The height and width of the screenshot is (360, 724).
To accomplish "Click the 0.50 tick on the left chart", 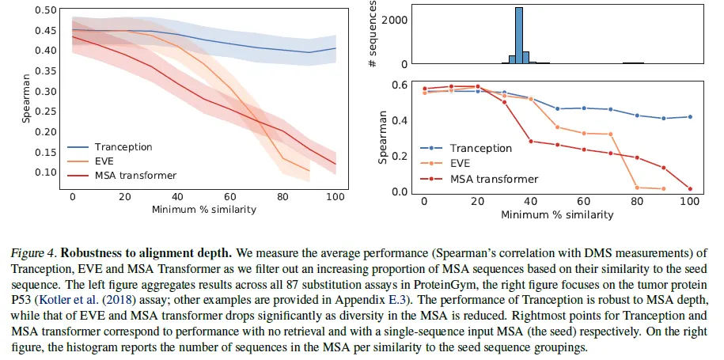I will coord(46,10).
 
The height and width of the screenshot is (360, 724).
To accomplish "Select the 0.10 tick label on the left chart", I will coord(46,172).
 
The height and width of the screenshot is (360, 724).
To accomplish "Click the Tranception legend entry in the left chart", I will coord(123,147).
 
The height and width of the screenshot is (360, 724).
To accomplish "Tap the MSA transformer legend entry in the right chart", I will coord(494,180).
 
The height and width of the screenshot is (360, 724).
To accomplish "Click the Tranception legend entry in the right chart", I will coord(480,148).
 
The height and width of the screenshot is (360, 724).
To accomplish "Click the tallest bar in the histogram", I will coord(519,36).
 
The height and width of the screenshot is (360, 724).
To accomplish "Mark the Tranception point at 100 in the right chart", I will coord(691,117).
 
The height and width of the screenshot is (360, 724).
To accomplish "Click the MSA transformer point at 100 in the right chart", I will coord(691,189).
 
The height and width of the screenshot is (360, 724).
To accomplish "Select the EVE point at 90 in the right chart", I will coord(664,188).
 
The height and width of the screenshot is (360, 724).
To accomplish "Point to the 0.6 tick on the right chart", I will coord(402,85).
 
